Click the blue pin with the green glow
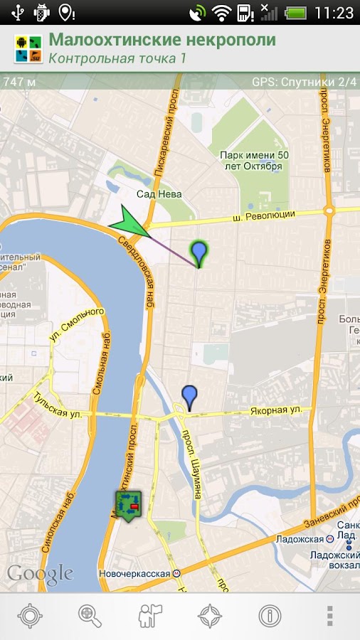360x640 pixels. click(199, 252)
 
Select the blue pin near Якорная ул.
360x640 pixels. click(189, 397)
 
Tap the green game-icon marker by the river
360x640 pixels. click(128, 506)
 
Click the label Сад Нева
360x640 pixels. click(159, 194)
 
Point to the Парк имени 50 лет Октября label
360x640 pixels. click(250, 160)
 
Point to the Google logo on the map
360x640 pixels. click(40, 574)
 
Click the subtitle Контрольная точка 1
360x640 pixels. click(117, 58)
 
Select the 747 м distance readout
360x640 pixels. click(20, 81)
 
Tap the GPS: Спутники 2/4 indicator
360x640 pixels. click(304, 81)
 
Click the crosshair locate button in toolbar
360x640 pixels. click(31, 615)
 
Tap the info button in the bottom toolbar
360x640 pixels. click(270, 615)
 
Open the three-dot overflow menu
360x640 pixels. click(329, 615)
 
